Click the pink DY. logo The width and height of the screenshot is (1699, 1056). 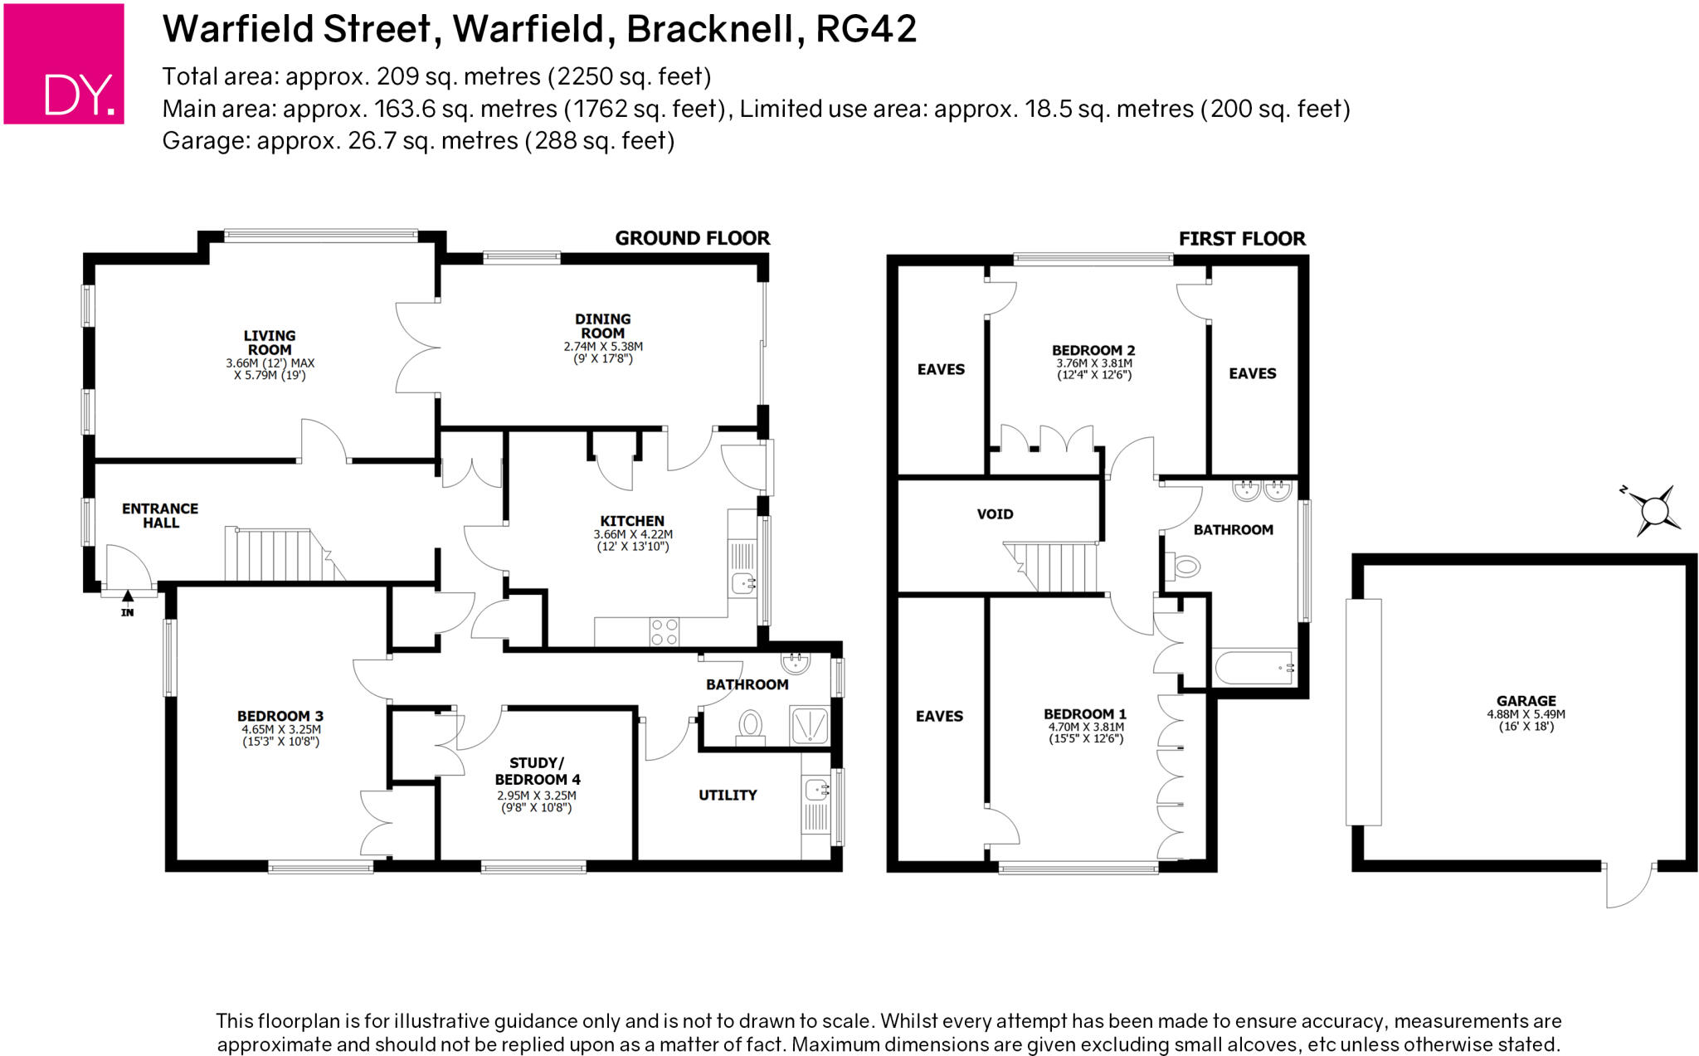[64, 64]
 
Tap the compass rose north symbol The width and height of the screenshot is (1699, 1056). [1655, 510]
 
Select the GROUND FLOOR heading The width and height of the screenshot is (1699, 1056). [692, 238]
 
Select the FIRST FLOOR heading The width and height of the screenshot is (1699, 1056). [1242, 239]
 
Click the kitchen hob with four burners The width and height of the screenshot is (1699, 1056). [664, 632]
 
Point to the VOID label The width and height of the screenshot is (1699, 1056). [995, 514]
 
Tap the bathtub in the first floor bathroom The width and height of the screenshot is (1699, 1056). [1254, 668]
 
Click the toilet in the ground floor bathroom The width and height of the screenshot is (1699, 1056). [751, 725]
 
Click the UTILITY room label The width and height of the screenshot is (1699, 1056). [728, 795]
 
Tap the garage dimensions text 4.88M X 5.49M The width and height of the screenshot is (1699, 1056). [1526, 713]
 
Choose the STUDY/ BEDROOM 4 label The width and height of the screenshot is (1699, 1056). [538, 771]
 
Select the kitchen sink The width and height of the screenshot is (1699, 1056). [743, 583]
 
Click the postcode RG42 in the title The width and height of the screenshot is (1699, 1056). [866, 29]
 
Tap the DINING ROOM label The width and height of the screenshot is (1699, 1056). [603, 325]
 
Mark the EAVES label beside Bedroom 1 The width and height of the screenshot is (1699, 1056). [939, 716]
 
